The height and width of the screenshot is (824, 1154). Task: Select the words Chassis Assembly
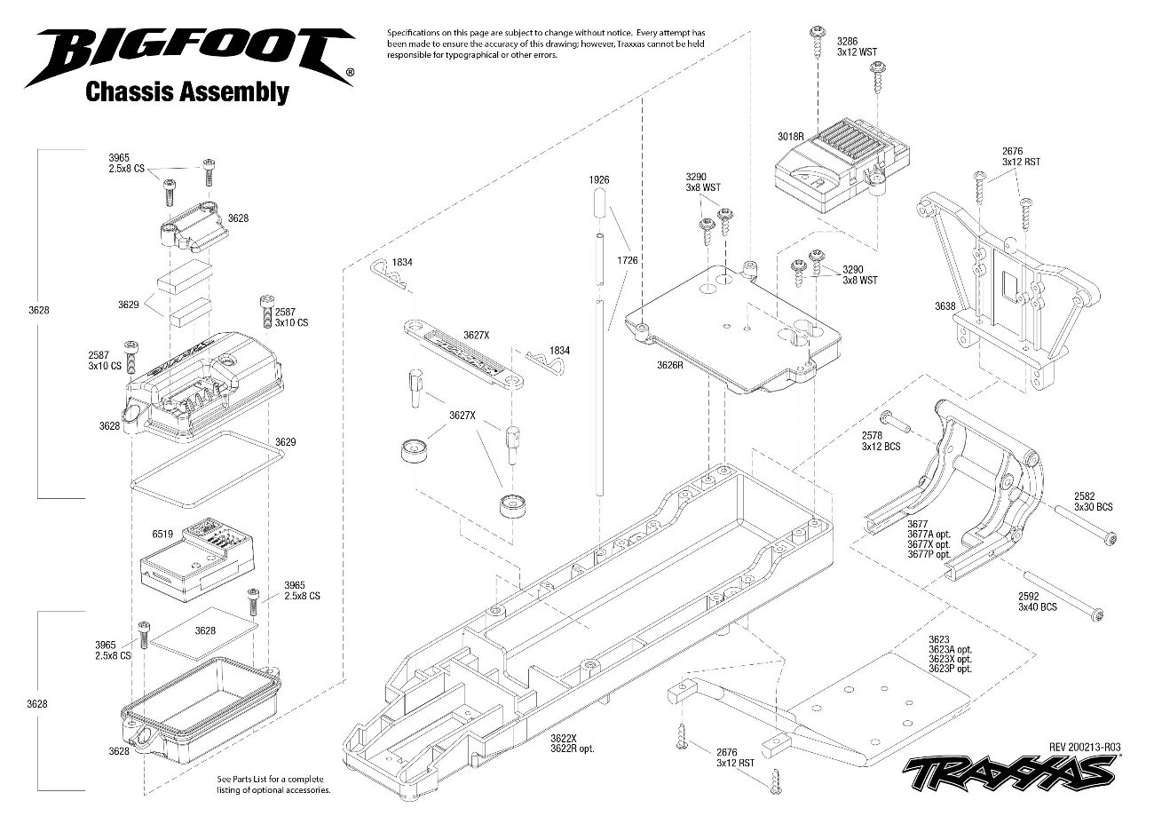pyautogui.click(x=186, y=92)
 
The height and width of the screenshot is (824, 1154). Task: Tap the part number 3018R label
pyautogui.click(x=789, y=138)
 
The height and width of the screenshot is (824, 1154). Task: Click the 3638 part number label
pyautogui.click(x=945, y=306)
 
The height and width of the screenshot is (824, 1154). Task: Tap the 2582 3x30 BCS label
pyautogui.click(x=1093, y=502)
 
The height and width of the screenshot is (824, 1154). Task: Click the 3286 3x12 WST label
pyautogui.click(x=856, y=46)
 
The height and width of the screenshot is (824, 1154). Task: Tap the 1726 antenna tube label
pyautogui.click(x=628, y=260)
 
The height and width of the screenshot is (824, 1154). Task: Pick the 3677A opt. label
pyautogui.click(x=929, y=535)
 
